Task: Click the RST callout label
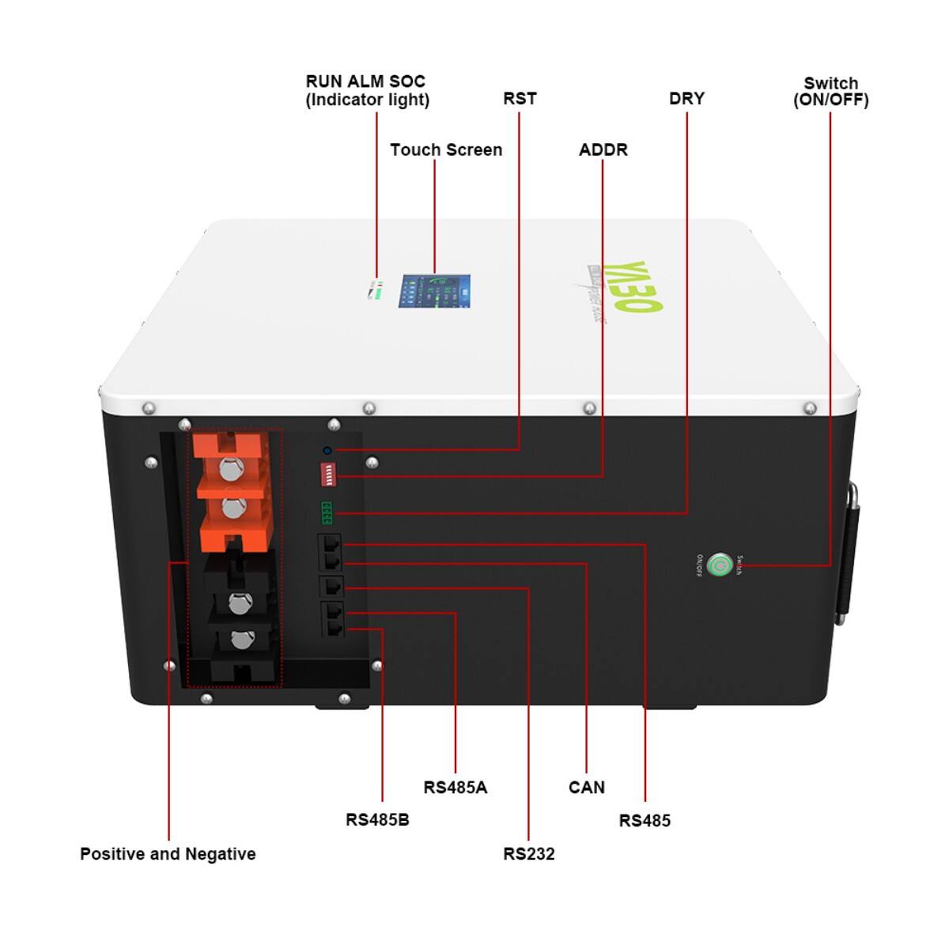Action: click(520, 99)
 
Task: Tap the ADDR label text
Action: click(603, 150)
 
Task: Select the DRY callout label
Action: click(686, 99)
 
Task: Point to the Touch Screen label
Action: click(446, 150)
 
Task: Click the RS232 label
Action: click(529, 854)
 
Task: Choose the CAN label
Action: click(586, 788)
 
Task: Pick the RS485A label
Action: click(456, 788)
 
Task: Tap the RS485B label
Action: click(377, 820)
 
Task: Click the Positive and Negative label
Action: click(168, 854)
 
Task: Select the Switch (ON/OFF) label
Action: click(830, 92)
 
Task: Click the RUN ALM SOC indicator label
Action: click(367, 91)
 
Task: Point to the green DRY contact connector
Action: click(327, 513)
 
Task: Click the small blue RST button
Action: click(327, 450)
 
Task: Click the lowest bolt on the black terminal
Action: click(233, 640)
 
